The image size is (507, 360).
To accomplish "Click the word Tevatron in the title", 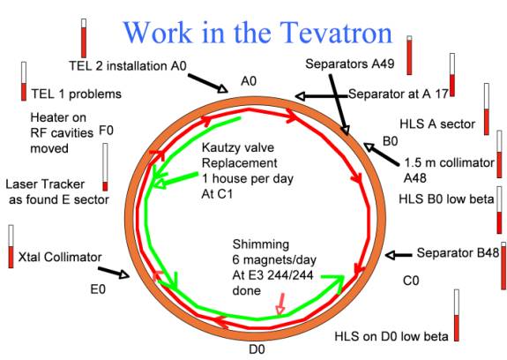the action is (336, 33).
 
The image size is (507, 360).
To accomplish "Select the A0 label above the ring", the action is (249, 81).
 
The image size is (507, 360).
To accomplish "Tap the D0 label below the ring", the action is (257, 349).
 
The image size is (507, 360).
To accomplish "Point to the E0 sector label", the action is (98, 289).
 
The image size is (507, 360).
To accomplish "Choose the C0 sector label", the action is (411, 281).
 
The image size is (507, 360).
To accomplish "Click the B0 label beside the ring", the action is (391, 141).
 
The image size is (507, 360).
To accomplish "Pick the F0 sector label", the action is (106, 131).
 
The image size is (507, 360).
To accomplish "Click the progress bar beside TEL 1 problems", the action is (24, 81).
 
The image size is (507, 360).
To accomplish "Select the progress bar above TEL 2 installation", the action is (84, 38).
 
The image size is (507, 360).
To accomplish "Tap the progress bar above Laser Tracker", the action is (105, 168).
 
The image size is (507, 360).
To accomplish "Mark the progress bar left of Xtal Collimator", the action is (11, 246).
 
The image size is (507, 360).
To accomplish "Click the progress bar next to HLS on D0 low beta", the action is (456, 315).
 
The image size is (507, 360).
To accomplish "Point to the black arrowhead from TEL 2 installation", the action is (222, 88).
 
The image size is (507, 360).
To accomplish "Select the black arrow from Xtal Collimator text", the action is (114, 273).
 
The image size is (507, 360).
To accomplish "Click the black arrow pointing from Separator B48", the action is (399, 255).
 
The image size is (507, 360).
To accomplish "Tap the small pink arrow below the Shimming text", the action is (280, 304).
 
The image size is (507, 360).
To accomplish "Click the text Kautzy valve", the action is (238, 147).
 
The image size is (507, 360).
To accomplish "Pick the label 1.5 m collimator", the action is (450, 162).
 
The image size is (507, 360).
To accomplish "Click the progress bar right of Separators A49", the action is (409, 56).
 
